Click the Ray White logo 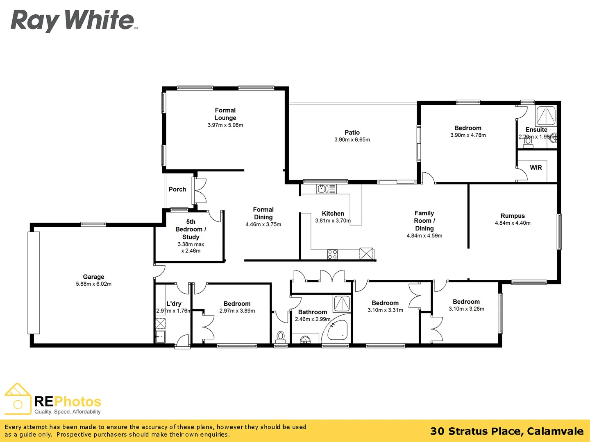point(73,20)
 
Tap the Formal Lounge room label point(225,114)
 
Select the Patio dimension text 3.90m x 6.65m point(352,140)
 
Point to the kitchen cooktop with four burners point(332,254)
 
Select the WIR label point(536,168)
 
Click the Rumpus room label point(512,216)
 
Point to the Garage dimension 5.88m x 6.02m point(93,284)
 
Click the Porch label point(177,189)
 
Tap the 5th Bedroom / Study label point(191,229)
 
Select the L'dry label point(174,304)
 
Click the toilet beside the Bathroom point(281,337)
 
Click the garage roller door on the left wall point(34,282)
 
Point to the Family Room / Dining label point(424,221)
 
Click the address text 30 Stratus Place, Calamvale point(506,431)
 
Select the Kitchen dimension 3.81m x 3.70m point(333,221)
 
